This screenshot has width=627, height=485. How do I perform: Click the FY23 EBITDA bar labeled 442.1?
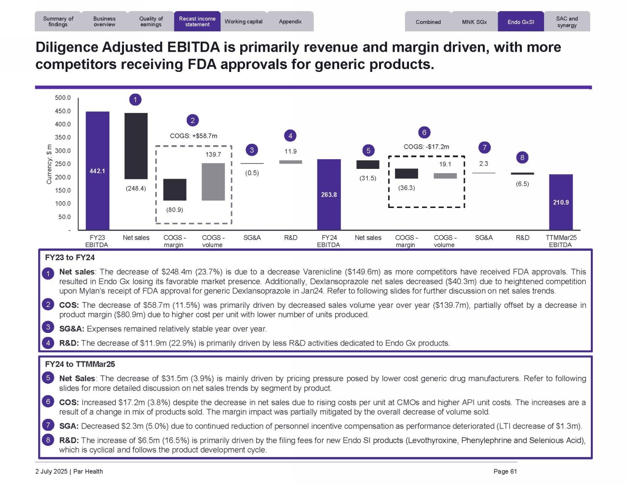click(x=97, y=171)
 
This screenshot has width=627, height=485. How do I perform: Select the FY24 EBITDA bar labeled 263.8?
click(x=329, y=194)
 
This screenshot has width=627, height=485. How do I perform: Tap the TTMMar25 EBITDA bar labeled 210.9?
click(x=561, y=202)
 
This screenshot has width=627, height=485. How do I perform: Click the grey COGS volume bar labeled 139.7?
click(x=213, y=182)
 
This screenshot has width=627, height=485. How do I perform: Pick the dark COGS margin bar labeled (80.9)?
click(x=175, y=190)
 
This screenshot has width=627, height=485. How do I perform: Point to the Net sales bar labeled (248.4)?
click(x=136, y=146)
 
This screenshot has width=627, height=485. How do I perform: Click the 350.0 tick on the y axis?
click(x=63, y=138)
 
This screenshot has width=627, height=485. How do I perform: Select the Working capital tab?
click(x=244, y=22)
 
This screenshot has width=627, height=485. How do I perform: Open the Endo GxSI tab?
click(x=521, y=22)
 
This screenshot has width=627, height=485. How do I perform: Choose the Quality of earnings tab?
click(x=151, y=22)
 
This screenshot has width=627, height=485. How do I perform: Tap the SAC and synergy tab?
click(x=567, y=22)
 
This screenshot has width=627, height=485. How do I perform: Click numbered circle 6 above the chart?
click(x=424, y=132)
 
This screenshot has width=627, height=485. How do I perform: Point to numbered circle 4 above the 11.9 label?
click(x=290, y=136)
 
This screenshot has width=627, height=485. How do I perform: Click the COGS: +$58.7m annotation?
click(x=193, y=136)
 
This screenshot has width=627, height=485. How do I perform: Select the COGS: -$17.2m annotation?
click(x=426, y=147)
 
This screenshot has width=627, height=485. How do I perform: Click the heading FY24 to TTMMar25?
click(x=80, y=364)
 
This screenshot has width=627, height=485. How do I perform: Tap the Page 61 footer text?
click(x=505, y=471)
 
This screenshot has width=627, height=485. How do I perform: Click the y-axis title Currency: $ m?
click(x=49, y=164)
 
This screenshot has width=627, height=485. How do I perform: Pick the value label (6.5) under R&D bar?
click(x=522, y=184)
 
